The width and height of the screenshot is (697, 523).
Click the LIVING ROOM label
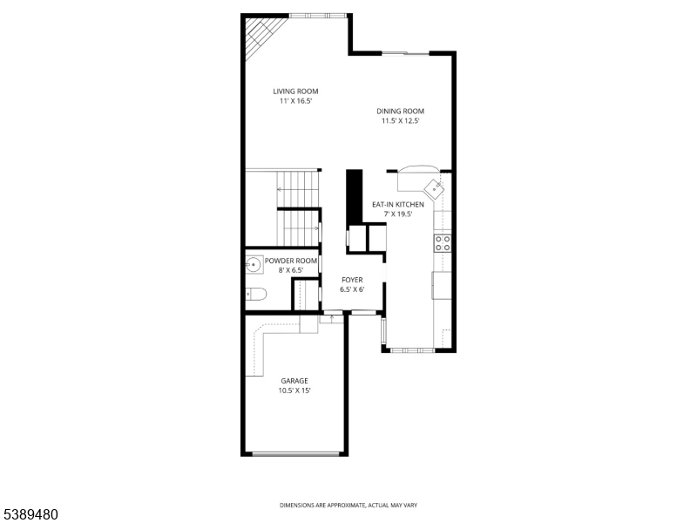point(294,91)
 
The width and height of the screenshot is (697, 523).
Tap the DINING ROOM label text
point(400,111)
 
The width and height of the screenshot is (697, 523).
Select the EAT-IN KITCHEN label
point(397,204)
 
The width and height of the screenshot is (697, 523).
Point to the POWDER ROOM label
point(291,261)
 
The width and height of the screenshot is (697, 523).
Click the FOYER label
point(351,280)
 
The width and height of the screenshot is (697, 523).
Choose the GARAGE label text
point(294,380)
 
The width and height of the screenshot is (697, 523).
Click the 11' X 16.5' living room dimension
point(294,101)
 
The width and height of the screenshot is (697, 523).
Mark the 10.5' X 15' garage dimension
point(294,391)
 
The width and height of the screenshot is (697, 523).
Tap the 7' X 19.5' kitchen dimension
point(397,214)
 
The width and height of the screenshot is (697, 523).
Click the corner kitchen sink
point(435,187)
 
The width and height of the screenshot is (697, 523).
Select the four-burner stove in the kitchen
point(443,242)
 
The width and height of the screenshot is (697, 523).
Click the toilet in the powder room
point(255,293)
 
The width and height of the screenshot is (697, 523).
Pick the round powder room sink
point(254,264)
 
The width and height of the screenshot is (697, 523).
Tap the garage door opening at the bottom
point(294,453)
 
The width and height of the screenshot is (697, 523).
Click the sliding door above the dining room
point(404,54)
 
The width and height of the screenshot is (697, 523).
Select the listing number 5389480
point(30,514)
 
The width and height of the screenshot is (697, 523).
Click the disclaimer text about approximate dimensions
point(348,505)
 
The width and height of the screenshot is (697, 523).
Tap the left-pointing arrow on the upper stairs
point(281,189)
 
